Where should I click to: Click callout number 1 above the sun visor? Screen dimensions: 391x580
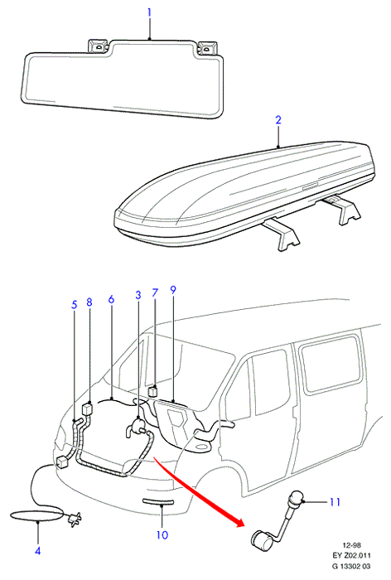pos(149,12)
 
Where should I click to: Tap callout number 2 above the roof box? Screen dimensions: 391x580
pos(278,120)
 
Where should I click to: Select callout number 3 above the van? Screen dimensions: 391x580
pos(138,295)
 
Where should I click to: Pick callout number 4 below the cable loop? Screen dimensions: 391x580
pos(38,551)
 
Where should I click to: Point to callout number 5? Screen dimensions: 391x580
pos(75,305)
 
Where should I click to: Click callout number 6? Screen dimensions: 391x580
pos(111,299)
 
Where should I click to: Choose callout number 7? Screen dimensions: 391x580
pos(155,293)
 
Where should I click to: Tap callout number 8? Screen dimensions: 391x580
pos(89,302)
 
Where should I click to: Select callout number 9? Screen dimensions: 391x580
pos(173,290)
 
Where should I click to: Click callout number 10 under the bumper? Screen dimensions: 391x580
pos(162,535)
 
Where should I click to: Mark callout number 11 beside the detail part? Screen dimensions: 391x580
pos(335,502)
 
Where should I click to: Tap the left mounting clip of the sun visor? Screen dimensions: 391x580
pos(98,46)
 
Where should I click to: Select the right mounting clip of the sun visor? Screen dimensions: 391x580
pos(206,47)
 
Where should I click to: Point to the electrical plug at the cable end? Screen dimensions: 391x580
pos(74,519)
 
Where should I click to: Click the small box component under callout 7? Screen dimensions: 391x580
pos(153,391)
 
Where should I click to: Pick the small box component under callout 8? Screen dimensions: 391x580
pos(86,409)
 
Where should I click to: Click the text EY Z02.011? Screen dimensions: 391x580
pos(351,555)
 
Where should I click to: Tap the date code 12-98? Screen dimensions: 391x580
pos(352,545)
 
